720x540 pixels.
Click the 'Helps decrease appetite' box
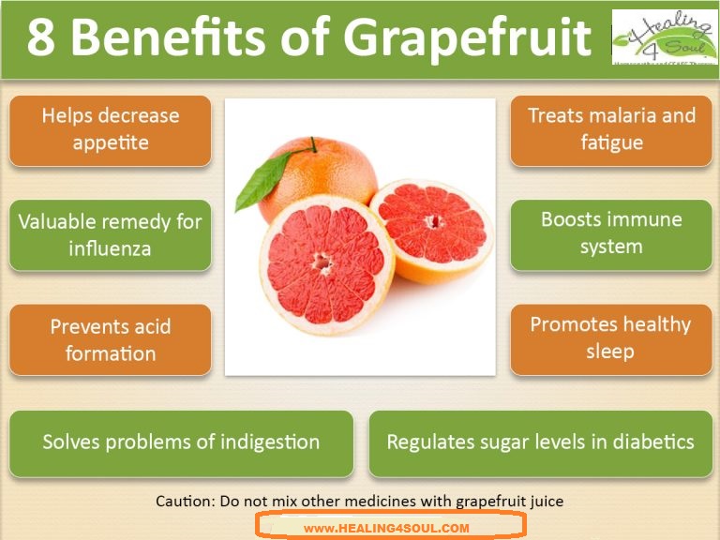point(110,130)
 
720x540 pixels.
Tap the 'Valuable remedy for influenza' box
point(110,235)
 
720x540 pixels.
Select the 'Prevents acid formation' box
point(110,339)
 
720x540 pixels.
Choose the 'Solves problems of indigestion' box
point(181,442)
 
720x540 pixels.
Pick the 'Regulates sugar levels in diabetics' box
point(540,442)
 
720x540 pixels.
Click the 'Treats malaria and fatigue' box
point(611,130)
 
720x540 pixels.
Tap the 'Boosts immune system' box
point(611,233)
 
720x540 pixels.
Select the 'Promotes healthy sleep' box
point(611,338)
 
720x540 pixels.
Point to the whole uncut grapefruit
point(319,178)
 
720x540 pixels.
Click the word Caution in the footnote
point(185,501)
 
